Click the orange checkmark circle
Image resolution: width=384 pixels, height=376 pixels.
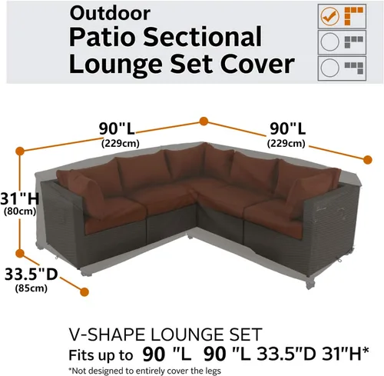click(329, 15)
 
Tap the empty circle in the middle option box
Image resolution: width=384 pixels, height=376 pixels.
click(329, 42)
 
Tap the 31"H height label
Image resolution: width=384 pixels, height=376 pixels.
click(16, 198)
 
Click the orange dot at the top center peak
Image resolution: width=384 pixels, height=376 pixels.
click(204, 121)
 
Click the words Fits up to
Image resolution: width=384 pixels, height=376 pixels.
click(99, 354)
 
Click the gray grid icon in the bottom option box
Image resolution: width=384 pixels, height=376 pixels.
click(358, 68)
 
